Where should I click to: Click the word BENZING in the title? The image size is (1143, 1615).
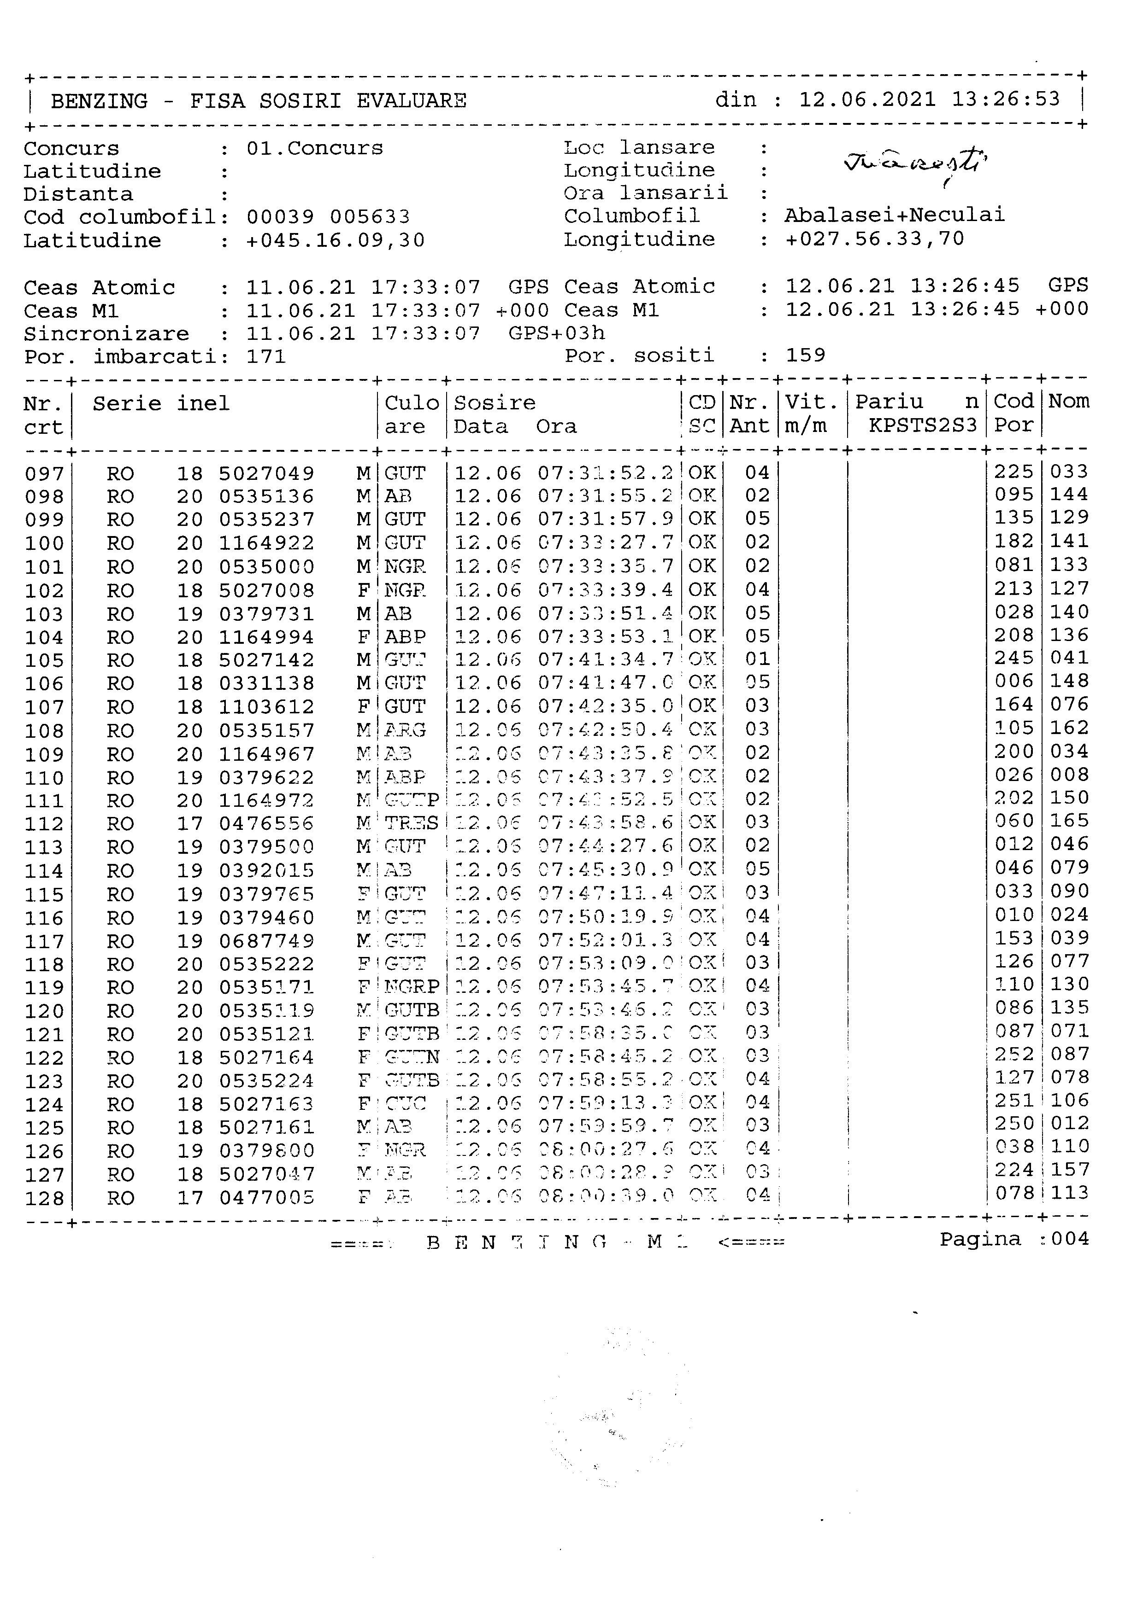[99, 101]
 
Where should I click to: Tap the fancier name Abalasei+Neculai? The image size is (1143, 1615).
[895, 215]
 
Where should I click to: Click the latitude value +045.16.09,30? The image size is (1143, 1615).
[335, 240]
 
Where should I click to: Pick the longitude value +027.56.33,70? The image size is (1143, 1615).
[874, 239]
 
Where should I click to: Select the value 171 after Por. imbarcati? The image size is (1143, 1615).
[266, 356]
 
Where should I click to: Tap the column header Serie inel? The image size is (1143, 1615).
[161, 404]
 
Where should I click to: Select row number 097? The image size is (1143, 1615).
[44, 474]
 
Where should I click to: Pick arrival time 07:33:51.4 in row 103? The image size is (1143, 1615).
[605, 613]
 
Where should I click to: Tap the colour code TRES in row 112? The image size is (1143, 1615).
[411, 823]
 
